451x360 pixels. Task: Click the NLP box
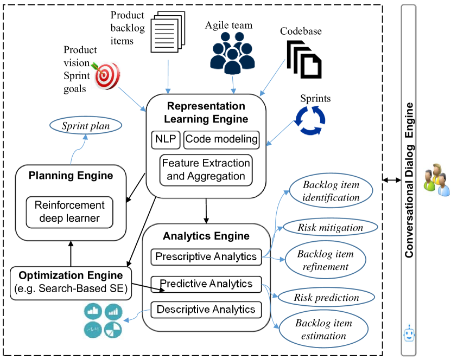(x=166, y=140)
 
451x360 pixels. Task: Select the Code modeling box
(x=221, y=140)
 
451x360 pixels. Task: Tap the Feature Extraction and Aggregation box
(x=206, y=170)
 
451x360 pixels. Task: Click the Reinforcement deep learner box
(x=69, y=213)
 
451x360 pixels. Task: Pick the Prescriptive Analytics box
(x=206, y=257)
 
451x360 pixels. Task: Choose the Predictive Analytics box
(x=206, y=284)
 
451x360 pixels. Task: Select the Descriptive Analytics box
(x=206, y=310)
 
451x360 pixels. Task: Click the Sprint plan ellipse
(x=86, y=126)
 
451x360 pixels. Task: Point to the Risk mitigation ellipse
(x=330, y=228)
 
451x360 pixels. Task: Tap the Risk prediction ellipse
(x=327, y=297)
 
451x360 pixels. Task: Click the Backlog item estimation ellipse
(x=323, y=329)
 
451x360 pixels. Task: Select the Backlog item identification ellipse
(x=331, y=191)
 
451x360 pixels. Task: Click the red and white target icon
(x=106, y=75)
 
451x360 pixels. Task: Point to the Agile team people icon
(x=232, y=53)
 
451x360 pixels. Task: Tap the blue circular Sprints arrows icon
(x=310, y=120)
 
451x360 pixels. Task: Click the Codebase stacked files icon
(x=304, y=60)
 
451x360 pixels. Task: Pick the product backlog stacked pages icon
(x=168, y=32)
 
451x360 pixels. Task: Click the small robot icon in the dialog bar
(x=409, y=333)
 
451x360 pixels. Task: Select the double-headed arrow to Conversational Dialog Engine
(x=392, y=180)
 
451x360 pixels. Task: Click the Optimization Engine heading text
(x=71, y=275)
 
